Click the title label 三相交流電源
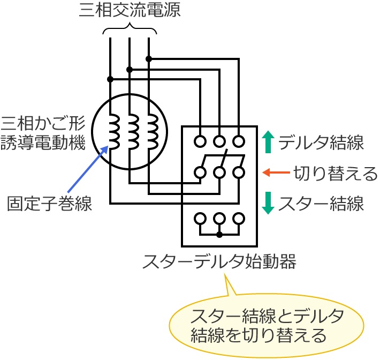tap(130, 11)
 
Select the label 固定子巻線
tap(49, 204)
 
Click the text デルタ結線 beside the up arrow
tap(322, 143)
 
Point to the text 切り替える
tap(335, 173)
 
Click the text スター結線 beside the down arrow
tap(322, 204)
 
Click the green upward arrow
tap(269, 142)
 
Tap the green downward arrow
tap(269, 204)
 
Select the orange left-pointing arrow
tap(276, 172)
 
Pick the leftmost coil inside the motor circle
tap(114, 133)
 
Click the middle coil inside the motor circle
tap(133, 133)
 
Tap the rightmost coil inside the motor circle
tap(153, 133)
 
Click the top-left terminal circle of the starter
tap(200, 141)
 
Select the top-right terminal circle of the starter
tap(239, 141)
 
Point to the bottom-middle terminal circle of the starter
tap(219, 219)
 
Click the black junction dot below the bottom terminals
tap(219, 235)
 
